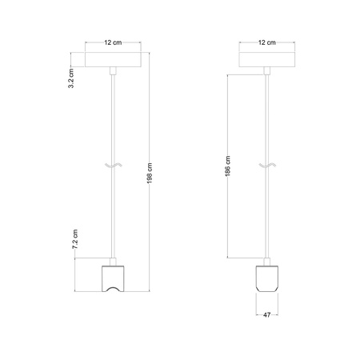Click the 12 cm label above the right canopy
pyautogui.click(x=267, y=42)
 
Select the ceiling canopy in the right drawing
pyautogui.click(x=267, y=62)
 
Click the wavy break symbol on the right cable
pyautogui.click(x=267, y=166)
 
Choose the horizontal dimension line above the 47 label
pyautogui.click(x=267, y=310)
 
